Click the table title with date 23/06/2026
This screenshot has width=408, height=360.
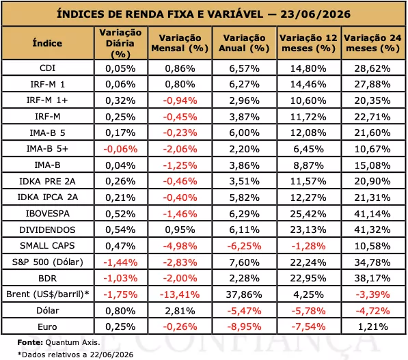click(x=204, y=14)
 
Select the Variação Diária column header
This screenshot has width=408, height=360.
click(x=120, y=43)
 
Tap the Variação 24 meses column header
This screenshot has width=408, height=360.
click(x=372, y=43)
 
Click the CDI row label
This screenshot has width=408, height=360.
click(x=47, y=68)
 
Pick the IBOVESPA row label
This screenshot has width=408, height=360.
click(x=48, y=214)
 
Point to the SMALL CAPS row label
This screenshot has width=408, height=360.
click(x=47, y=245)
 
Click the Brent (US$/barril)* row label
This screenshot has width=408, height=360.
click(x=48, y=294)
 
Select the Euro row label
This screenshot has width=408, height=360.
click(x=47, y=327)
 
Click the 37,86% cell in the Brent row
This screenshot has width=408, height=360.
click(x=244, y=294)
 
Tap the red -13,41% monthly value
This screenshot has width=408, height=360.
click(x=180, y=294)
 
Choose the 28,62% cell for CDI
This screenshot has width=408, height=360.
click(x=372, y=68)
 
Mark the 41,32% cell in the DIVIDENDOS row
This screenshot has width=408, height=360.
click(x=372, y=230)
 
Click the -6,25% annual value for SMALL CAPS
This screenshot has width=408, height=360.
click(x=244, y=246)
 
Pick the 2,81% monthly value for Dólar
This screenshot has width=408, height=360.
click(x=180, y=311)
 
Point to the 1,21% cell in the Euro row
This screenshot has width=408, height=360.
click(x=373, y=327)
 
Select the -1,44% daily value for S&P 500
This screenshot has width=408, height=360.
click(x=120, y=262)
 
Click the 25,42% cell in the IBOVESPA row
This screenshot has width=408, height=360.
click(x=308, y=214)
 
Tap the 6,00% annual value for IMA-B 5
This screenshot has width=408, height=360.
click(x=245, y=133)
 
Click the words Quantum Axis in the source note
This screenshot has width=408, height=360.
click(x=72, y=342)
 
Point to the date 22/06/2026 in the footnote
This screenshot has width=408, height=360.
click(x=111, y=355)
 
